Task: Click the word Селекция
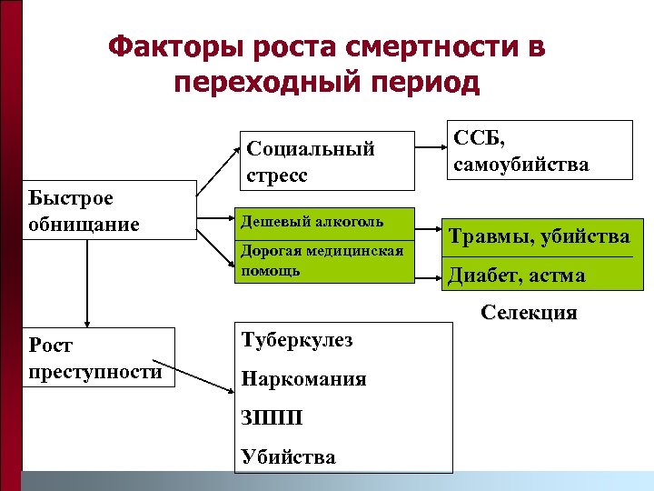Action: coord(529,314)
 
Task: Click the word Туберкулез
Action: coord(297,340)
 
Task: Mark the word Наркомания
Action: coord(303,379)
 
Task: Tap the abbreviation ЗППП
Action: coord(271,418)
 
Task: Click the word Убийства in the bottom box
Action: coord(288,456)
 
